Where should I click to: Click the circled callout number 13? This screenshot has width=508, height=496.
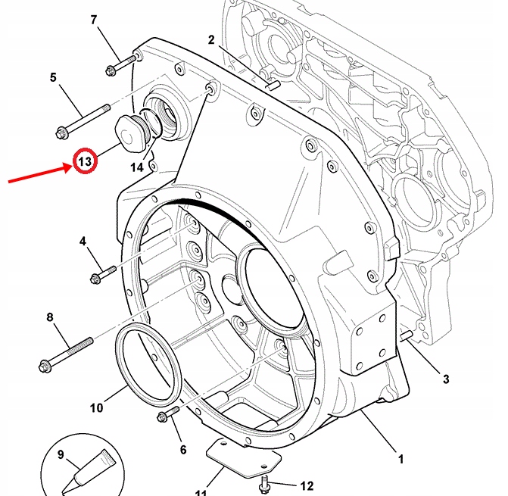[x=85, y=161]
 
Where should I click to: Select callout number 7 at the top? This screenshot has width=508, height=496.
[x=94, y=20]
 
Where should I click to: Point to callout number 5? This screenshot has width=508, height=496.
[x=53, y=77]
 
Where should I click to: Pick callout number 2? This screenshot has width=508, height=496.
[x=211, y=39]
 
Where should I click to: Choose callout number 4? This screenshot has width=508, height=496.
[x=83, y=242]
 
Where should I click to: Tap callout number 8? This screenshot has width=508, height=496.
[x=51, y=317]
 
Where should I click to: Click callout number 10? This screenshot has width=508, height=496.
[x=96, y=408]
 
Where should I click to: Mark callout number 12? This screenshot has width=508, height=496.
[x=307, y=485]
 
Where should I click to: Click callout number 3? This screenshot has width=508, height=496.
[x=446, y=379]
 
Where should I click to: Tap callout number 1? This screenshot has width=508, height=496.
[x=400, y=459]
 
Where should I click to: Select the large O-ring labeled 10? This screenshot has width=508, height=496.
[x=149, y=363]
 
